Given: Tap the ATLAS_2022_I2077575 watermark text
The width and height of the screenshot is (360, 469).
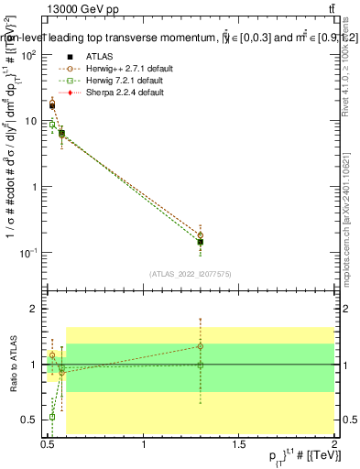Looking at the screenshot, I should pos(190,274).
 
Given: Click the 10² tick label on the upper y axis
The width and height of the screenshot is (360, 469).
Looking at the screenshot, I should pos(29,55).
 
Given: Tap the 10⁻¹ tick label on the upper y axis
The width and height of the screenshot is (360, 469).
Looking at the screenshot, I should pos(28,252).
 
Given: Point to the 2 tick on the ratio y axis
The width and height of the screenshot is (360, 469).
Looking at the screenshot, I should pos(35,310).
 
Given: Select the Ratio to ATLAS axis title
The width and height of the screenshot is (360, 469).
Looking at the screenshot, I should pos(12,365).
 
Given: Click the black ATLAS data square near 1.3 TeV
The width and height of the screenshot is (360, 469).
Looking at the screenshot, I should pos(200,243).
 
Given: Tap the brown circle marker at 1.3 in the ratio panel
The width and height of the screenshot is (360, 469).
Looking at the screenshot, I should pos(200,346).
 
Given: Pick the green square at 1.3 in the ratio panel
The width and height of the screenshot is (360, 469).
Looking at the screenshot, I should pos(200,365).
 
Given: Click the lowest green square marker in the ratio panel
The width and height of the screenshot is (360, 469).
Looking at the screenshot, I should pos(52,416).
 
